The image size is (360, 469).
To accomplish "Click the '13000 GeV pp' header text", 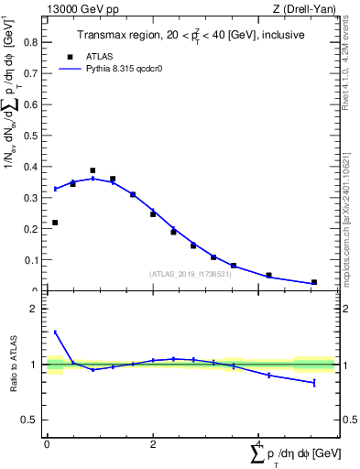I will coord(82,9).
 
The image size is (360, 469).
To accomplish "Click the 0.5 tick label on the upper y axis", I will coord(35,135).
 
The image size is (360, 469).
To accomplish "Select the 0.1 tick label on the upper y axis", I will coord(35,260).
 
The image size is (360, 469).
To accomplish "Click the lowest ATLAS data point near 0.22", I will coord(55,223).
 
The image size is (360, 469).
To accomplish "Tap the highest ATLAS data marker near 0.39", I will coord(93,170).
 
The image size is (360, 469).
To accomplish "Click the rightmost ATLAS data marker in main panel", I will coord(314,282).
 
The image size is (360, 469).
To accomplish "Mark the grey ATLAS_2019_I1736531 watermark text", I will coord(190,274).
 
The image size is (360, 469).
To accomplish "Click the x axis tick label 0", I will coord(47,443).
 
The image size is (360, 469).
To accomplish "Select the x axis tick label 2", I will coord(153,443).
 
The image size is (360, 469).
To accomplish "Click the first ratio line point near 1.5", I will coord(55,333).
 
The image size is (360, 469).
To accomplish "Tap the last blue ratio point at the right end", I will coord(314,382).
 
